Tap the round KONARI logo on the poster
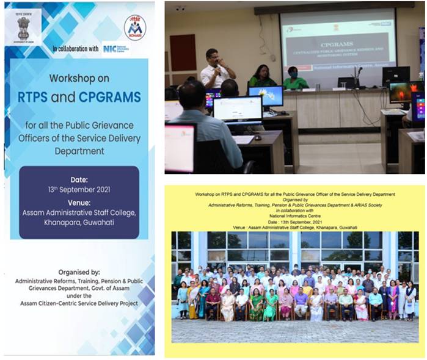point(135,27)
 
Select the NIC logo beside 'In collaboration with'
point(115,48)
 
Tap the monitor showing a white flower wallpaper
point(266,95)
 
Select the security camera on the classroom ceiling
point(180,8)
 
